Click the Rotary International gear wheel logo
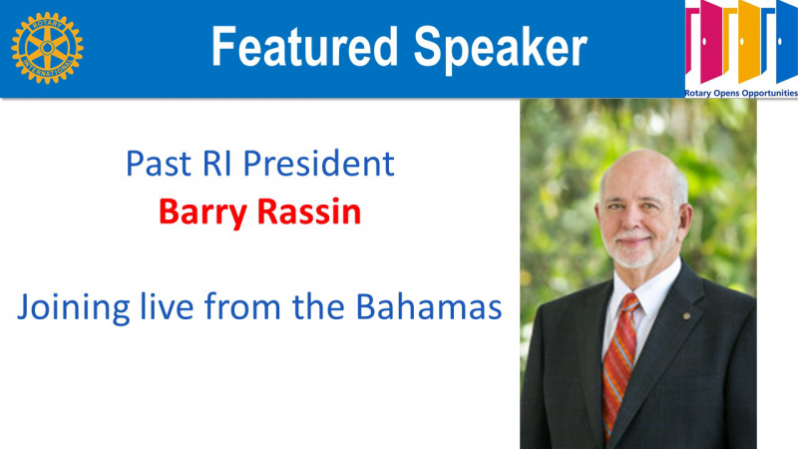47,48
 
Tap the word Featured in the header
304,47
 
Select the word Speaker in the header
501,48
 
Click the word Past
159,164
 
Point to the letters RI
217,164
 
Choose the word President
319,163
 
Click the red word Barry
203,213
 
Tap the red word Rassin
309,212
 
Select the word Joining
73,308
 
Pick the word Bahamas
429,307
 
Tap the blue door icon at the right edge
787,42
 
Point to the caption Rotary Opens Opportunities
741,93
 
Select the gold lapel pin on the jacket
686,316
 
